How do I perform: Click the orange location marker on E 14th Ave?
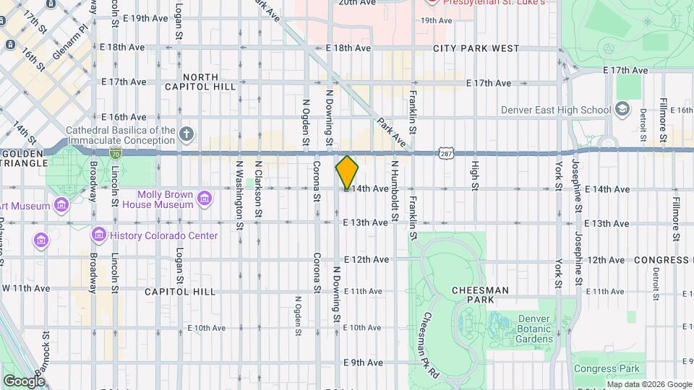[x=347, y=172]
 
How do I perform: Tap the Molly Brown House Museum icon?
[x=205, y=197]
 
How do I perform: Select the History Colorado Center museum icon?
[x=99, y=235]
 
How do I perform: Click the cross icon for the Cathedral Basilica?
[x=187, y=134]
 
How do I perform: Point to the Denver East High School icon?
[x=622, y=110]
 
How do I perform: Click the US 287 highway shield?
[x=445, y=152]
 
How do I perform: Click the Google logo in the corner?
[x=24, y=381]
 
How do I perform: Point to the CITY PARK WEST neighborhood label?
[x=476, y=48]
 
